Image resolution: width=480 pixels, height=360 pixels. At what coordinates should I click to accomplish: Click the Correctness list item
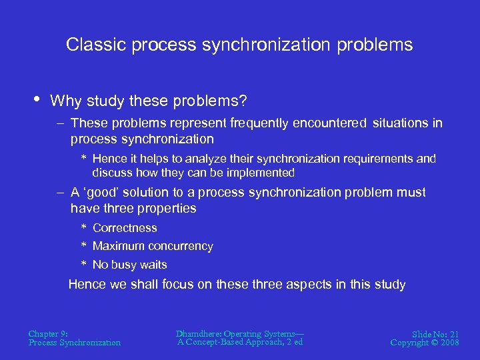(x=125, y=228)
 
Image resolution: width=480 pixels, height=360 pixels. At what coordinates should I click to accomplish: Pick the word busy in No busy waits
(x=124, y=265)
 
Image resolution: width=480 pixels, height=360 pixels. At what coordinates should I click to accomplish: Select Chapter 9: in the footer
(x=48, y=333)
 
